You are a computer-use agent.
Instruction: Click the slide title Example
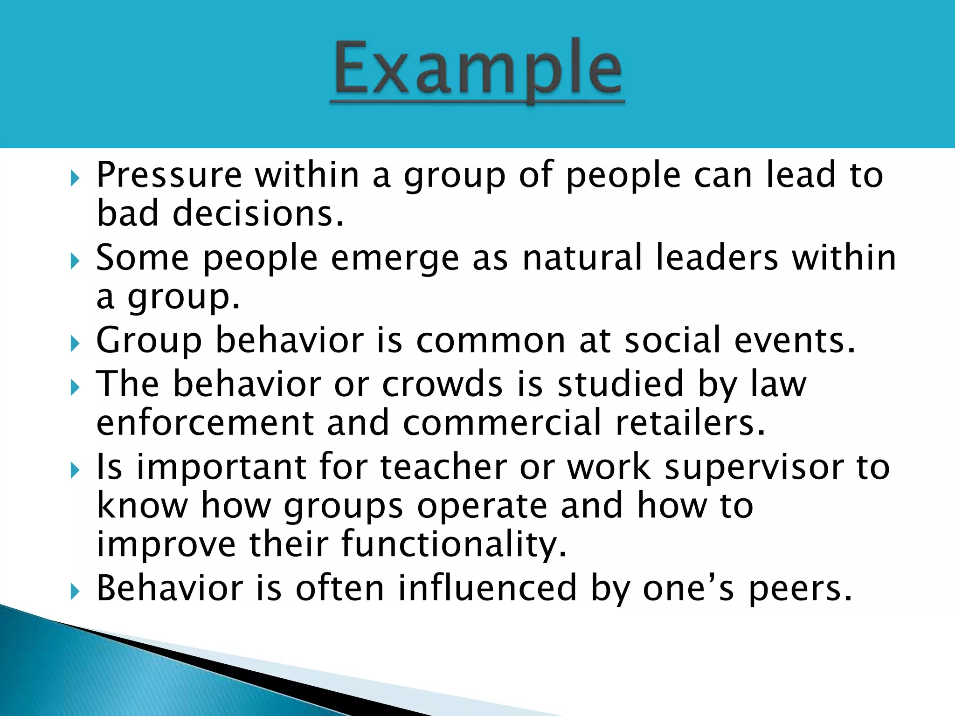tap(477, 70)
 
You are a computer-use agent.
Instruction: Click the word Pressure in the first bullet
tap(169, 175)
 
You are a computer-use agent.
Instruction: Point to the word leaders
tap(717, 258)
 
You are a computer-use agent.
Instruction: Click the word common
tap(491, 340)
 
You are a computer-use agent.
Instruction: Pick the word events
tap(795, 340)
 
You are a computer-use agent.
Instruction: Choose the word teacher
tap(443, 467)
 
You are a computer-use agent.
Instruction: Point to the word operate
tap(482, 506)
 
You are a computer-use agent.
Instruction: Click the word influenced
tap(487, 588)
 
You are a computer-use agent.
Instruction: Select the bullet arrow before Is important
tap(75, 471)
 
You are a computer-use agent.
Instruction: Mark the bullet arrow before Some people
tap(75, 262)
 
